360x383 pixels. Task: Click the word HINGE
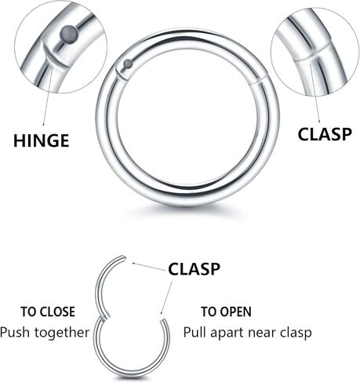click(42, 140)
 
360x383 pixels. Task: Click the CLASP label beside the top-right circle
click(325, 134)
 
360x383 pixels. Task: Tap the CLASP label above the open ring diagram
click(194, 269)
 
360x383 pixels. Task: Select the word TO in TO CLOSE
click(27, 312)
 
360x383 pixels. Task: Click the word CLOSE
click(55, 312)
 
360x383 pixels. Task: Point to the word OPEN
click(235, 312)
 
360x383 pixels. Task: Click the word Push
click(14, 332)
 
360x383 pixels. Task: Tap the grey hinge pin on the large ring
click(128, 64)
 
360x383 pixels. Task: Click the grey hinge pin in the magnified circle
click(69, 33)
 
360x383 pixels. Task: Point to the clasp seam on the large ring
click(257, 79)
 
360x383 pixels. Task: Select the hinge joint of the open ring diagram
click(105, 316)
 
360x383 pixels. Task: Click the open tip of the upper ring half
click(124, 258)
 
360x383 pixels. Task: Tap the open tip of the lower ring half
click(163, 320)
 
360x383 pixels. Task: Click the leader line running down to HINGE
click(47, 94)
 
